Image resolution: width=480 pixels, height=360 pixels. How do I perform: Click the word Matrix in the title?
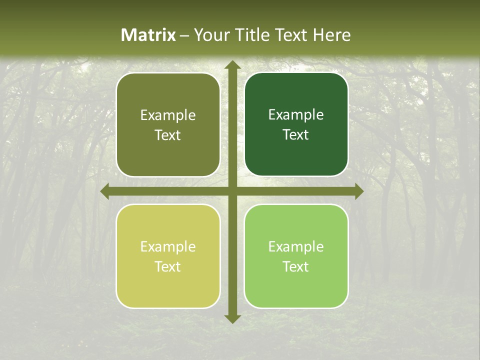(148, 35)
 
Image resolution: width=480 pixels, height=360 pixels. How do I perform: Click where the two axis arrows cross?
(232, 191)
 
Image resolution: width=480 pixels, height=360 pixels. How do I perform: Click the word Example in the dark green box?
(296, 115)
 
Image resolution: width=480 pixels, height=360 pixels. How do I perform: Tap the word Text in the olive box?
(168, 135)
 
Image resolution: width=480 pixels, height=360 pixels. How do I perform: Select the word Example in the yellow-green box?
(168, 247)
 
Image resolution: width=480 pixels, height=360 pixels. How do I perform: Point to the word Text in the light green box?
(296, 267)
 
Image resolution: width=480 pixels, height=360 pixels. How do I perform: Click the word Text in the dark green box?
(296, 135)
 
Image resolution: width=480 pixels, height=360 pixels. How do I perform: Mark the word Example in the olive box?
(168, 115)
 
